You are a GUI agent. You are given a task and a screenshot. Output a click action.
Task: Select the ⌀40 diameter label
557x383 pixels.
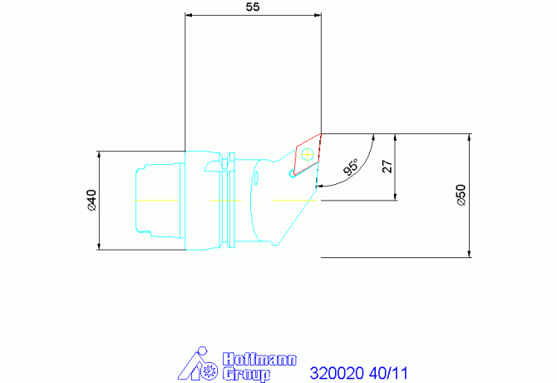(91, 200)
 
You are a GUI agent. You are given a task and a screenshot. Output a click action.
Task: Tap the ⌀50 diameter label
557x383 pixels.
(461, 196)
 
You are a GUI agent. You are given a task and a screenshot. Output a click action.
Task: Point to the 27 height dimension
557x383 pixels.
(387, 166)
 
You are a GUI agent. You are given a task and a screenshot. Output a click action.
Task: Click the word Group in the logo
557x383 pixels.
(247, 374)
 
